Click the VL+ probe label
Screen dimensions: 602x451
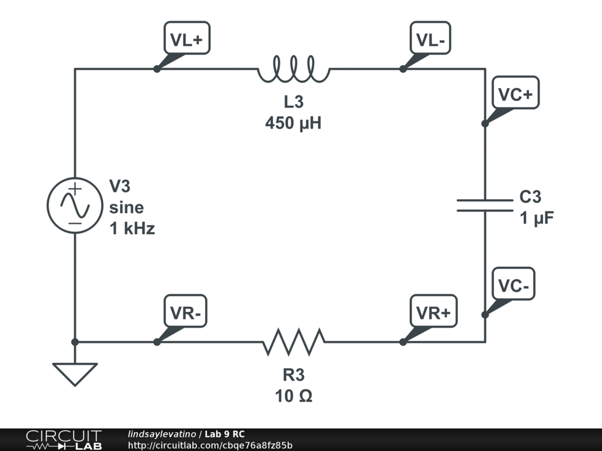tap(187, 38)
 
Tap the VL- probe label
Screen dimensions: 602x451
tap(430, 38)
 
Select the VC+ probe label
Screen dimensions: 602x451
tap(516, 92)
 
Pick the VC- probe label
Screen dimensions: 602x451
tap(513, 284)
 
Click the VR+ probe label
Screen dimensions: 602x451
tap(433, 311)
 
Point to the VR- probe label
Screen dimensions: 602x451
tap(185, 311)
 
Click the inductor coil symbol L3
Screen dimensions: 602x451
tap(294, 69)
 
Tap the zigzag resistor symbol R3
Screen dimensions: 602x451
tap(294, 341)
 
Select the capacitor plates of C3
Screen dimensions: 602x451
tap(485, 206)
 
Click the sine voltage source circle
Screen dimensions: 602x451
tap(75, 205)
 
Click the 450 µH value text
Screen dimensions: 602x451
tap(293, 123)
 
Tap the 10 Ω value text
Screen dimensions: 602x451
tap(294, 396)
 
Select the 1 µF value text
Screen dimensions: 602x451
tap(537, 218)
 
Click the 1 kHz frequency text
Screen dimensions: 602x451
tap(132, 228)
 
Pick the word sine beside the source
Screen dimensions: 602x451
tap(127, 207)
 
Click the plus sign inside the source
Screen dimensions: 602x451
tap(75, 189)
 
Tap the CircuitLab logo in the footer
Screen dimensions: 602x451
tap(64, 440)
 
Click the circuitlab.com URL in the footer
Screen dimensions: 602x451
tap(210, 445)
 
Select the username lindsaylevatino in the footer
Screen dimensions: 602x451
tap(162, 434)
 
